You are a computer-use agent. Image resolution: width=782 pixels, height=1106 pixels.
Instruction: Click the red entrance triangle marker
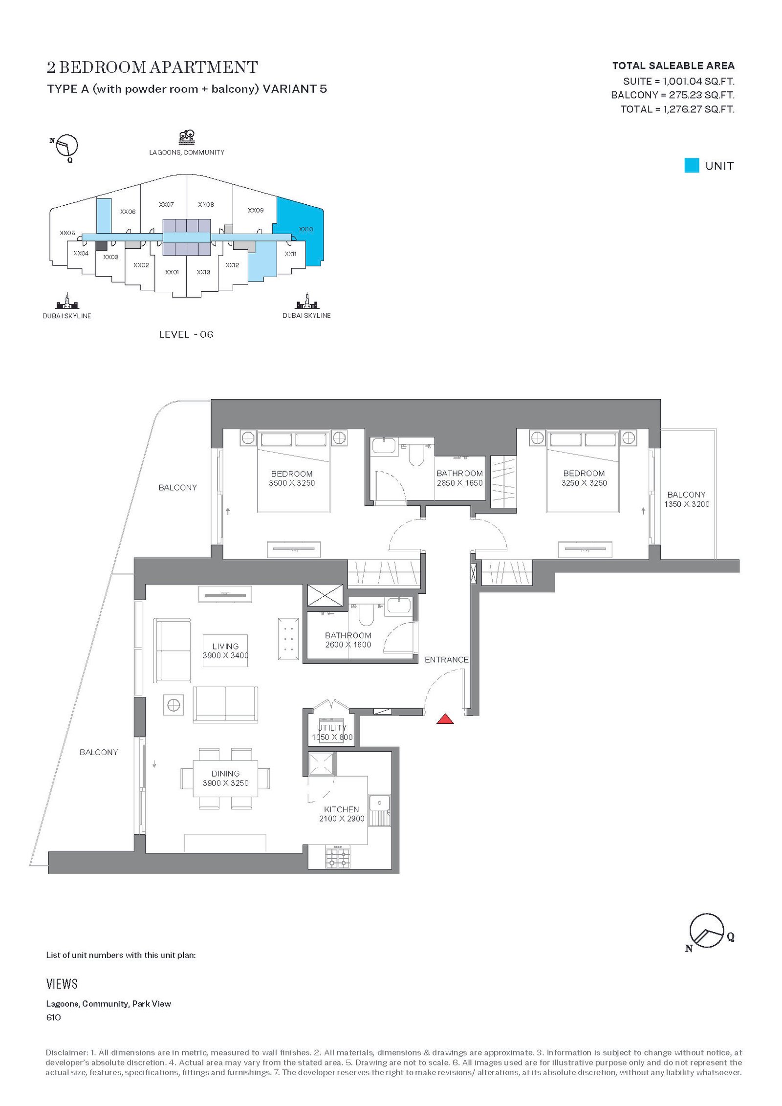coord(445,718)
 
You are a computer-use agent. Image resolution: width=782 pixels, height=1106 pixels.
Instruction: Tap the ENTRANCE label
coord(446,659)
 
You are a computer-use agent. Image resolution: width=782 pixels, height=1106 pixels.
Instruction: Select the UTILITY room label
coord(332,727)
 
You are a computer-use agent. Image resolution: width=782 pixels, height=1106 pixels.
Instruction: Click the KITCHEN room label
coord(341,809)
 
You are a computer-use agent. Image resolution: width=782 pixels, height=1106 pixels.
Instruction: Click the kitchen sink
coord(379,810)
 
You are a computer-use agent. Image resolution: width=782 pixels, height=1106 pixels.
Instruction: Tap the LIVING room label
coord(225,646)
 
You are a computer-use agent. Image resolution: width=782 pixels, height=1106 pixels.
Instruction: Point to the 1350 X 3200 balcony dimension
coord(686,504)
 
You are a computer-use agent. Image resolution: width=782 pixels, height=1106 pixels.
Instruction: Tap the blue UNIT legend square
coord(692,165)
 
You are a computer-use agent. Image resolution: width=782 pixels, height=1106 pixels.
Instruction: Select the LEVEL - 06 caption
coord(186,334)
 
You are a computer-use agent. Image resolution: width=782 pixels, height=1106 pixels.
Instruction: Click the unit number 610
coord(53,1017)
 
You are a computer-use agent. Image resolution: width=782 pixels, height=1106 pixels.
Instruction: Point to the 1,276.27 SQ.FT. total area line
coord(677,109)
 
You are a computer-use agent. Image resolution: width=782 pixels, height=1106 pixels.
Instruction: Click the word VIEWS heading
coord(62,984)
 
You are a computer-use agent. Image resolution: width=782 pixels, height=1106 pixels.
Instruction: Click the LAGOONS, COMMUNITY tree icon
coord(187,137)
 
